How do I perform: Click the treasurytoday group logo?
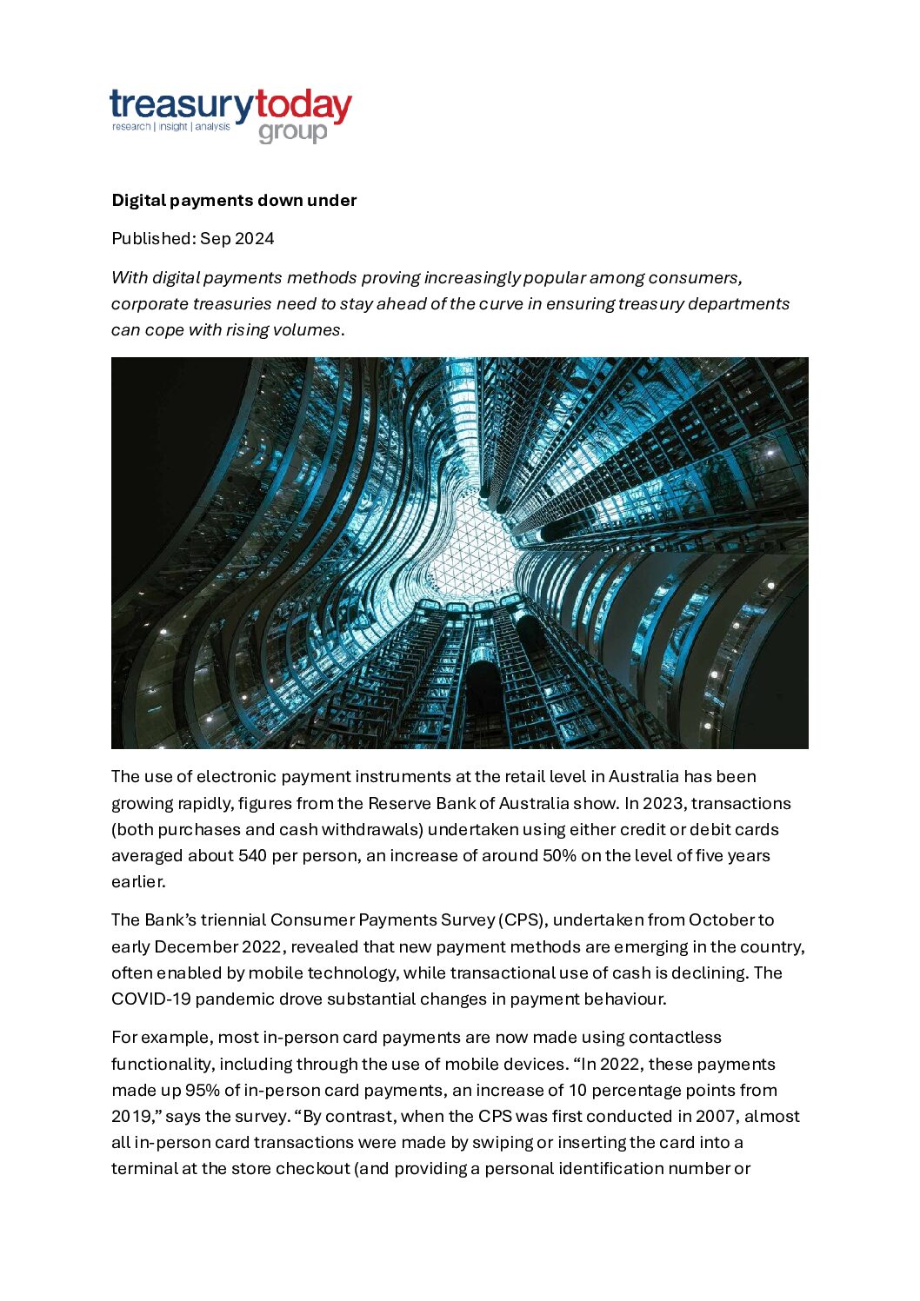tap(230, 116)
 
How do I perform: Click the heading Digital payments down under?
tap(234, 201)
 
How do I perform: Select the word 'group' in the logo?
tap(293, 133)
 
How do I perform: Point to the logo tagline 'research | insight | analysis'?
tap(171, 127)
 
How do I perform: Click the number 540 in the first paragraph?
tap(252, 856)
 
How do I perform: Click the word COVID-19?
tap(150, 999)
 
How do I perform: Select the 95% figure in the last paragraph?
tap(203, 1091)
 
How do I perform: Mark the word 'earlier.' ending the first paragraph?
tap(138, 882)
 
